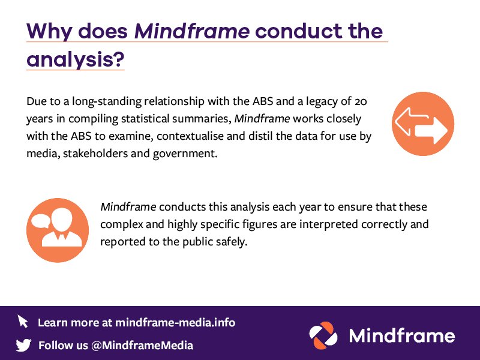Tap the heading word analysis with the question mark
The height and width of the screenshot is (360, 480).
[75, 59]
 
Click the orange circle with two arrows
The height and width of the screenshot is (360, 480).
[423, 124]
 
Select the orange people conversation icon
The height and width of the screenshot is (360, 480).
[58, 230]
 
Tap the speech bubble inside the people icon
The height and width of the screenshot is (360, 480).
[43, 220]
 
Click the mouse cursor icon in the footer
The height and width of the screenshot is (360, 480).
[23, 321]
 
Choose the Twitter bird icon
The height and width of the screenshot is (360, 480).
[23, 345]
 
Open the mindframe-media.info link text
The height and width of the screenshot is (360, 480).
[175, 322]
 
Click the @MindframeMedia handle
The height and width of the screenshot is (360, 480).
[142, 345]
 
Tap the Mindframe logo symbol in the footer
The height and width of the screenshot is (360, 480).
[323, 335]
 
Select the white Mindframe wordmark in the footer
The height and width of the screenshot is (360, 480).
[401, 335]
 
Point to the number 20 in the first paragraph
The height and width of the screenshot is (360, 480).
[356, 100]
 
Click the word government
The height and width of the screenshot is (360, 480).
[186, 154]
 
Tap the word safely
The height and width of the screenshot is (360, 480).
[229, 242]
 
